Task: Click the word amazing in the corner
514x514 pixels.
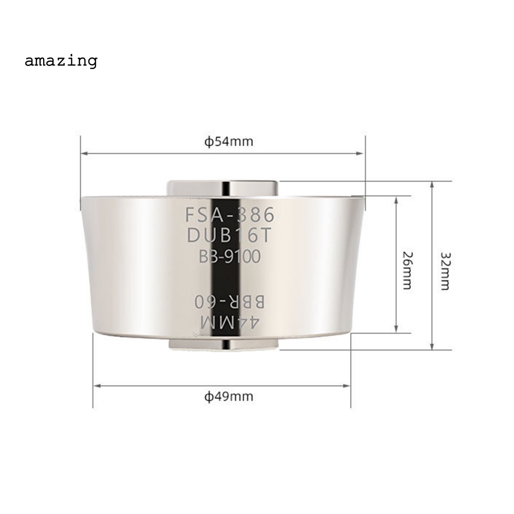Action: pyautogui.click(x=61, y=61)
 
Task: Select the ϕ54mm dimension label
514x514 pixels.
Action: pyautogui.click(x=229, y=142)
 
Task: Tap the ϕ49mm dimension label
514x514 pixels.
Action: pyautogui.click(x=229, y=397)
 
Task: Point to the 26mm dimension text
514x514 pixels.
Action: pyautogui.click(x=407, y=270)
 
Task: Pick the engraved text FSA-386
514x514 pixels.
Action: pyautogui.click(x=230, y=215)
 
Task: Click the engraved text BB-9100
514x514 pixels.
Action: pyautogui.click(x=230, y=256)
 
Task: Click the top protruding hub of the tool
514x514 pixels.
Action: pyautogui.click(x=222, y=188)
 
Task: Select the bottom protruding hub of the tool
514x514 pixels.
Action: pyautogui.click(x=222, y=344)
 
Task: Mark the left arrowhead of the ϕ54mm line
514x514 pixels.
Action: pyautogui.click(x=84, y=153)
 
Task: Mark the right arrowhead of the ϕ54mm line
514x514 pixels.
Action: pyautogui.click(x=361, y=153)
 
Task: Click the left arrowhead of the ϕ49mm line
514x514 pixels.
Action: pyautogui.click(x=97, y=385)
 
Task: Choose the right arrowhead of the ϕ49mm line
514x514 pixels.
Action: pyautogui.click(x=347, y=385)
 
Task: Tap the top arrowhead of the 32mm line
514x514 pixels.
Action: pyautogui.click(x=432, y=185)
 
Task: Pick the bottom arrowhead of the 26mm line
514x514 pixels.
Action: pyautogui.click(x=397, y=329)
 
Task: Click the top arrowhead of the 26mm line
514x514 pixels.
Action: pyautogui.click(x=397, y=199)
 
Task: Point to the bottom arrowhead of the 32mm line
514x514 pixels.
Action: pyautogui.click(x=432, y=346)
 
